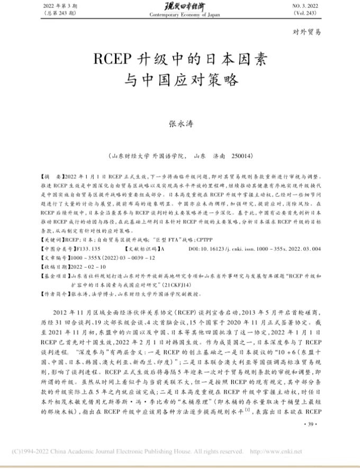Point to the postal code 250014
(x=241, y=156)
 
